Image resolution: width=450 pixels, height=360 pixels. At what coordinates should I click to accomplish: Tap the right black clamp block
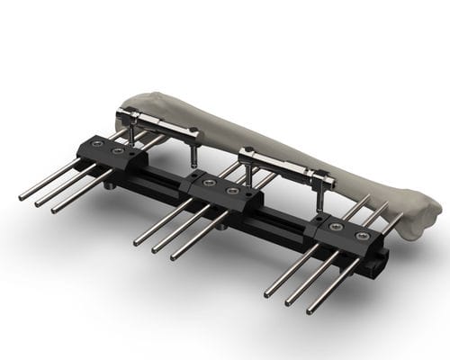point(346,236)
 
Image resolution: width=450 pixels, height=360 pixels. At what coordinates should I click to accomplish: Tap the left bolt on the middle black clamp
point(210,183)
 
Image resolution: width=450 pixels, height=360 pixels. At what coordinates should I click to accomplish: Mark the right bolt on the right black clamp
point(363,235)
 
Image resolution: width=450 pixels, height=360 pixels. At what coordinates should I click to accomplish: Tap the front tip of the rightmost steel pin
point(310,311)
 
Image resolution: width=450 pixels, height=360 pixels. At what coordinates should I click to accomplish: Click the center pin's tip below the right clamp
point(289,302)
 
